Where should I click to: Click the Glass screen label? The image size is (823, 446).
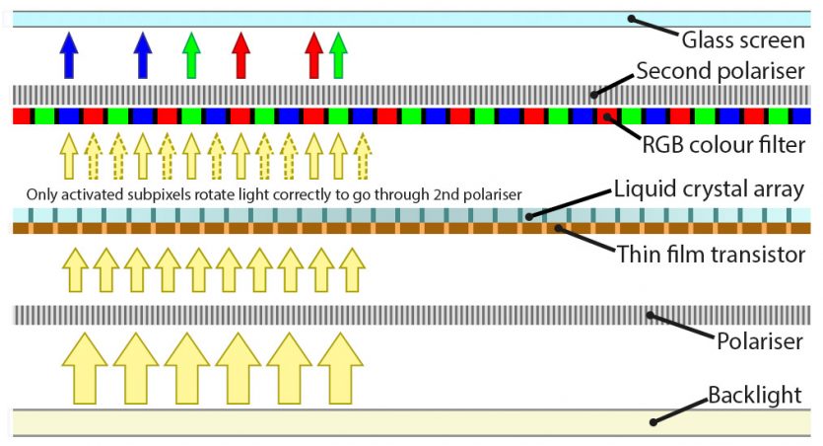tap(743, 41)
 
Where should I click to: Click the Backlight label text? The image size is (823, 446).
tap(755, 398)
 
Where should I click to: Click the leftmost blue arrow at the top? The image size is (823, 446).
tap(68, 54)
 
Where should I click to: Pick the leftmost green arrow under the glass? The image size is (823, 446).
tap(191, 54)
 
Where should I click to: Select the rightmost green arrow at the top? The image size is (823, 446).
tap(338, 54)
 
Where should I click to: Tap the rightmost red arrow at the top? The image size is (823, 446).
tap(314, 54)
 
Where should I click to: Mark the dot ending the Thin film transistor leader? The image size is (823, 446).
tap(559, 228)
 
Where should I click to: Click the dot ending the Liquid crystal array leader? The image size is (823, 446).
tap(529, 214)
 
